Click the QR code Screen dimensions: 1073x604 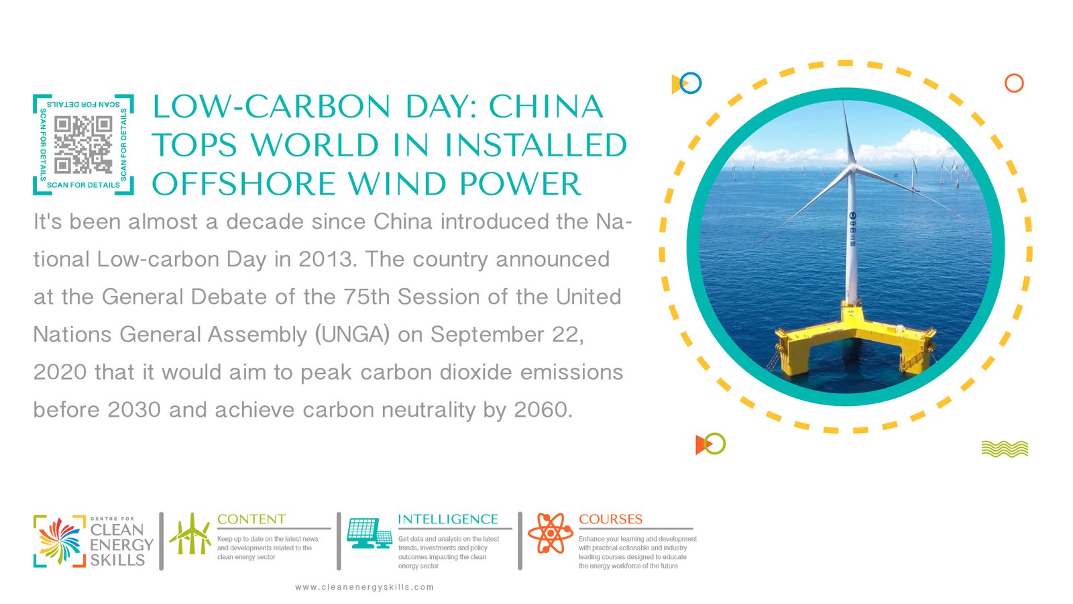83,145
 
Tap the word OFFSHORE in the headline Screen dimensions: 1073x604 244,184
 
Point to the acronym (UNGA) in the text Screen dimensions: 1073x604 352,335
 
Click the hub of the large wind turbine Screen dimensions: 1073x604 852,167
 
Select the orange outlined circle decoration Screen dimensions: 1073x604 1014,83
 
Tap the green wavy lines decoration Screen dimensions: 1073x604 1005,449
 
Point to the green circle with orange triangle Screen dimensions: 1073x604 711,444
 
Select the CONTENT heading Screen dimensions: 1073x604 251,519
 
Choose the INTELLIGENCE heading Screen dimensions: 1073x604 448,519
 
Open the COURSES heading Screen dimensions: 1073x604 611,519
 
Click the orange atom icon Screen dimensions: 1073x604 551,533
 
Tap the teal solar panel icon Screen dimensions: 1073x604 370,533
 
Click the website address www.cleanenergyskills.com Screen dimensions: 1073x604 365,587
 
